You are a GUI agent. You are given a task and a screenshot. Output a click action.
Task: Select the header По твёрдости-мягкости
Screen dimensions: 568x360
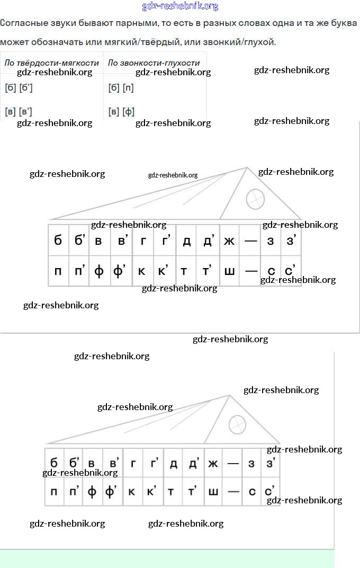pyautogui.click(x=52, y=63)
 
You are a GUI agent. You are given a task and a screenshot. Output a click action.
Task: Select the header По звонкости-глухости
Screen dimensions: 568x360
pyautogui.click(x=154, y=63)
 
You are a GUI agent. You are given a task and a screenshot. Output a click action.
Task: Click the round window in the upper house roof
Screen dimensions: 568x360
pyautogui.click(x=255, y=199)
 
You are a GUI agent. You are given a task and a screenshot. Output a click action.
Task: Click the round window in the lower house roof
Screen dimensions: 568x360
pyautogui.click(x=237, y=424)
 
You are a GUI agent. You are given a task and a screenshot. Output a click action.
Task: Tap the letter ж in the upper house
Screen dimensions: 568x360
pyautogui.click(x=229, y=241)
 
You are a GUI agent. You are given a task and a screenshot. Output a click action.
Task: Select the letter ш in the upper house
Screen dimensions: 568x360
pyautogui.click(x=229, y=271)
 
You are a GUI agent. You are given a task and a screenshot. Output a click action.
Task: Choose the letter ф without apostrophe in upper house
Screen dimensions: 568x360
pyautogui.click(x=99, y=271)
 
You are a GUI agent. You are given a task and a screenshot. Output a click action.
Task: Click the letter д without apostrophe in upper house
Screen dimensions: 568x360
pyautogui.click(x=186, y=241)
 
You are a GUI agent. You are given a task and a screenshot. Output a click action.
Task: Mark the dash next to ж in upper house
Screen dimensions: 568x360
pyautogui.click(x=251, y=241)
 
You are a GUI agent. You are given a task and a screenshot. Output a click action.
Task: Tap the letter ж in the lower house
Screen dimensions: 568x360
pyautogui.click(x=213, y=464)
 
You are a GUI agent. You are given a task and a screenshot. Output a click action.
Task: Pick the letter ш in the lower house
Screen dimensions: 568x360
pyautogui.click(x=213, y=492)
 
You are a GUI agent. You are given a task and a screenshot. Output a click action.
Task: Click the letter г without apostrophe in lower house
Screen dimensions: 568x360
pyautogui.click(x=133, y=464)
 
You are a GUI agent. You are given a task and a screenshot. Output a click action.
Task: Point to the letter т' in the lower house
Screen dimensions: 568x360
pyautogui.click(x=192, y=492)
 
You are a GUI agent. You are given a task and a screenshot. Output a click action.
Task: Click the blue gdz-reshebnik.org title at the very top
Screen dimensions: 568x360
pyautogui.click(x=180, y=6)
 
